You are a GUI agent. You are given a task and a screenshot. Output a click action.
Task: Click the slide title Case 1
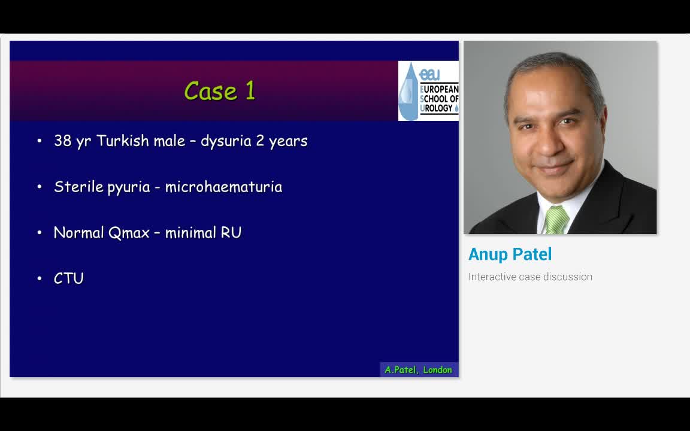(220, 91)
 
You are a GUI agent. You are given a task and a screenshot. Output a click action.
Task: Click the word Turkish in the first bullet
(122, 141)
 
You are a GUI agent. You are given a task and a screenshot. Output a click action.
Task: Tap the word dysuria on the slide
(225, 141)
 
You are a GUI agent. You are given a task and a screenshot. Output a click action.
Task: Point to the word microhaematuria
(223, 187)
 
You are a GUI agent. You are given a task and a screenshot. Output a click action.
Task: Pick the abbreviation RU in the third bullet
(231, 232)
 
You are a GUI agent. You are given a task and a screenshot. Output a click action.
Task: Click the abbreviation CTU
(69, 278)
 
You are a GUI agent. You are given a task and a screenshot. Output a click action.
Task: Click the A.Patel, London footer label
(418, 370)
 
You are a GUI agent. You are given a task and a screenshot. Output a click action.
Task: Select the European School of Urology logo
(428, 91)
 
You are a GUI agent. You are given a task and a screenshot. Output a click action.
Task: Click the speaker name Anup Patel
(510, 254)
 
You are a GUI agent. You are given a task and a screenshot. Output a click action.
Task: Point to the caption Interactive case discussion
(530, 277)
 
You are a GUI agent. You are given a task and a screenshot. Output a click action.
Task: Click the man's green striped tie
(556, 220)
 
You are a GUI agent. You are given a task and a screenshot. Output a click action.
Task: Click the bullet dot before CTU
(40, 278)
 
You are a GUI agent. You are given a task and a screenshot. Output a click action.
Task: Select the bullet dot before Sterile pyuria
(40, 187)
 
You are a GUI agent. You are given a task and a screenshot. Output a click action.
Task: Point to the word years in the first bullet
(288, 141)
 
